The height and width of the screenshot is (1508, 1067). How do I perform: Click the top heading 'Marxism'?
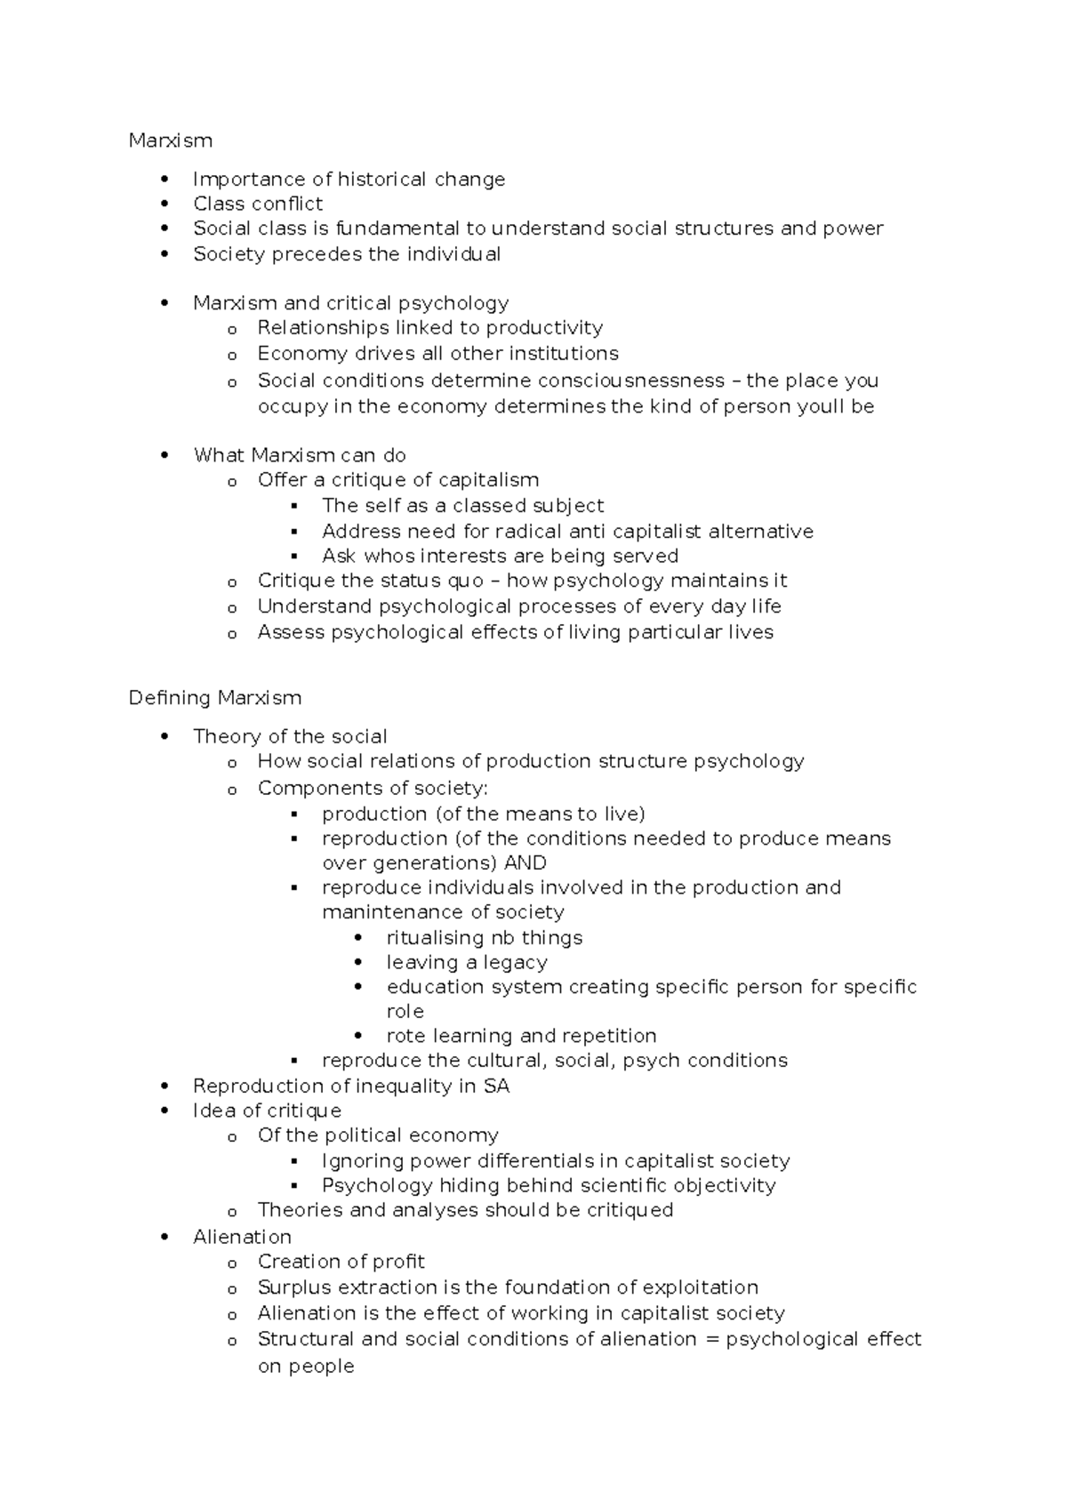click(170, 140)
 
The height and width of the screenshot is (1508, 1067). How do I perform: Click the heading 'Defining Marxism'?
click(214, 697)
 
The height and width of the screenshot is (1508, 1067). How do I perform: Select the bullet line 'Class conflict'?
click(258, 204)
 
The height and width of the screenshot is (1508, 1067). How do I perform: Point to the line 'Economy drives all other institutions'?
click(437, 354)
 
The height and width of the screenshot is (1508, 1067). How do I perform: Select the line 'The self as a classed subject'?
click(462, 506)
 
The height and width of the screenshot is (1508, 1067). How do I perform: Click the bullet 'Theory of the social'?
click(290, 736)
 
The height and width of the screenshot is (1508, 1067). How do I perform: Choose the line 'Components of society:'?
click(373, 788)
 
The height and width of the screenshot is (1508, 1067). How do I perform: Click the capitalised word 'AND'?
click(525, 862)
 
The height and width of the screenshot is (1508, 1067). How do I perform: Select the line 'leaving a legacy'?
click(467, 962)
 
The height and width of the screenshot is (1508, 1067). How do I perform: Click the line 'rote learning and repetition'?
click(521, 1036)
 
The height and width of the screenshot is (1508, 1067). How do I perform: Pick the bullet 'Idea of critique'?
click(267, 1111)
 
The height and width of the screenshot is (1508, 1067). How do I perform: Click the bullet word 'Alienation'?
click(242, 1237)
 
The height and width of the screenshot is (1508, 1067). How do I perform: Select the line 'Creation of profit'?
click(341, 1262)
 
